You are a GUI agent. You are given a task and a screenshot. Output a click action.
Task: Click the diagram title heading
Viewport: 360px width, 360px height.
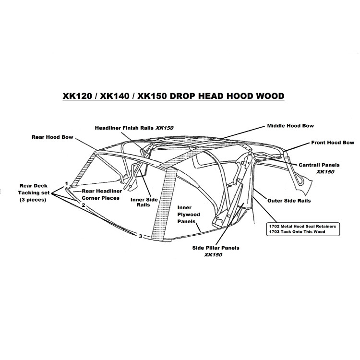174,96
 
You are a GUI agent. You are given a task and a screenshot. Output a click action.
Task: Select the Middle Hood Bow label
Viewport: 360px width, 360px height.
290,126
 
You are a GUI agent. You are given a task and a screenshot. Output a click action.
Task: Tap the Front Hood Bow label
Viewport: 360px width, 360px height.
333,143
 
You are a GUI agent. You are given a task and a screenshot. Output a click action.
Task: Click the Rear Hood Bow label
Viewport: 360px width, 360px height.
52,137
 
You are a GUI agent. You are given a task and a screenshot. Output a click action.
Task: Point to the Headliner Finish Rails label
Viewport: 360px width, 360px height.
134,128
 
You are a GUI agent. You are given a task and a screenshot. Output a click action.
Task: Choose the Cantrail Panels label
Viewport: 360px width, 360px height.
319,168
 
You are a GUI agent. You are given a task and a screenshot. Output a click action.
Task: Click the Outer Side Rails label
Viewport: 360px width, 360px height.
289,201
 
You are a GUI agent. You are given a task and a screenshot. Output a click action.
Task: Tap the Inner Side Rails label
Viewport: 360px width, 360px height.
144,202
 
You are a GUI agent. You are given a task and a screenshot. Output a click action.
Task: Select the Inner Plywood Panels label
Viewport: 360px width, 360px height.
189,215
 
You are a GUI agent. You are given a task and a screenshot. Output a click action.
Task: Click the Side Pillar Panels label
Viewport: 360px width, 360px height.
216,251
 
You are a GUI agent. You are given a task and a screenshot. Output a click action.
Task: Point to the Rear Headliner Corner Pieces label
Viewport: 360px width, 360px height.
102,194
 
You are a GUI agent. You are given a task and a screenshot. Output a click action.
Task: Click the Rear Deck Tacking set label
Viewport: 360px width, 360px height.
34,192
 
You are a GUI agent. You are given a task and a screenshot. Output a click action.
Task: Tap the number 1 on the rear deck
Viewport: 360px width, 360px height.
67,184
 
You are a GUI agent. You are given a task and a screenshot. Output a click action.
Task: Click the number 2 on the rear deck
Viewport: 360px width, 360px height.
84,205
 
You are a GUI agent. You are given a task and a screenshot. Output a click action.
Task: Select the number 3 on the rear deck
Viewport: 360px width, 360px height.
140,236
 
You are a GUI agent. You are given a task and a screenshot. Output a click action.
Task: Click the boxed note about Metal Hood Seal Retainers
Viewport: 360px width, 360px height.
303,229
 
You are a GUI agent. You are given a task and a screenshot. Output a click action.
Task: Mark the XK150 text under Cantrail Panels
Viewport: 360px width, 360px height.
325,172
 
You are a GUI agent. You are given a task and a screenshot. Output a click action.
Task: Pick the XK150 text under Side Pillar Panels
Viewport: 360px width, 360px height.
213,254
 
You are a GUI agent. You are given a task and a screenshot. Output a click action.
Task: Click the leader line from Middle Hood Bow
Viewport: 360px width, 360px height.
244,132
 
